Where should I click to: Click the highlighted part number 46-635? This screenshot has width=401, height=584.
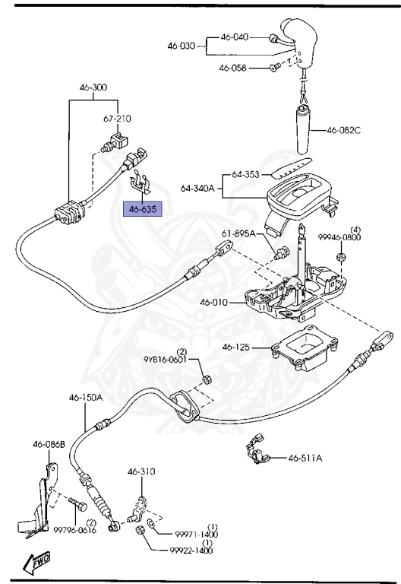tap(143, 207)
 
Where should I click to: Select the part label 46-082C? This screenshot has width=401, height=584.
tap(344, 130)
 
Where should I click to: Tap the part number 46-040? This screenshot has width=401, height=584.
tap(235, 36)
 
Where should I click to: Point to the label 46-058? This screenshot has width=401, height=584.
tap(233, 68)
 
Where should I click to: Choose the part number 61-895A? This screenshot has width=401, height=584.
tap(238, 233)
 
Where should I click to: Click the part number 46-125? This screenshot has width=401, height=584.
tap(236, 348)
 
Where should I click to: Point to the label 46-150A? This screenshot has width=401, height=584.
tap(86, 397)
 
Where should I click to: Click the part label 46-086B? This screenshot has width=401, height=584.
tap(49, 444)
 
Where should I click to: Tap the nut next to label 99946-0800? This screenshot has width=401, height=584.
tap(341, 259)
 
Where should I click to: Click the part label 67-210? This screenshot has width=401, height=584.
tap(118, 119)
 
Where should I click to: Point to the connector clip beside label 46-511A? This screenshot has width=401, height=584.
tap(256, 449)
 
